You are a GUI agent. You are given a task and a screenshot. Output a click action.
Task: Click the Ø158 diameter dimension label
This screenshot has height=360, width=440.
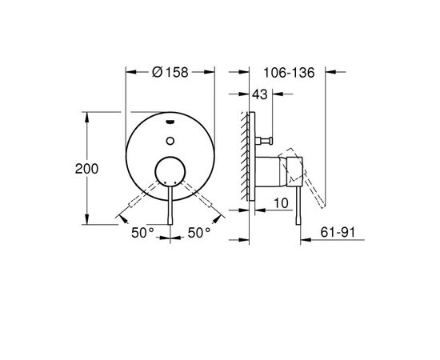(x=170, y=72)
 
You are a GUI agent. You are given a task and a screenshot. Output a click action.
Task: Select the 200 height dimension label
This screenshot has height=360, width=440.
(x=86, y=169)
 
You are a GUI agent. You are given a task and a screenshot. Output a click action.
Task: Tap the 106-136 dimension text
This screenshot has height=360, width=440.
(x=289, y=73)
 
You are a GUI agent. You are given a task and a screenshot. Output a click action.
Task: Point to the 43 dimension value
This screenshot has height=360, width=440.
(x=260, y=94)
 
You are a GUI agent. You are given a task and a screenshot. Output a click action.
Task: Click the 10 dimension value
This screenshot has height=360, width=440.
(x=281, y=203)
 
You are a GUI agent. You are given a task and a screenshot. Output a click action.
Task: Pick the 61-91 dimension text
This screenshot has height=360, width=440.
(x=338, y=232)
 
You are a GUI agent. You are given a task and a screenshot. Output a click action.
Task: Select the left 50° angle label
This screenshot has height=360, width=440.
(x=143, y=233)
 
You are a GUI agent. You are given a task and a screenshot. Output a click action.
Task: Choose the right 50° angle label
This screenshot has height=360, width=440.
(x=199, y=233)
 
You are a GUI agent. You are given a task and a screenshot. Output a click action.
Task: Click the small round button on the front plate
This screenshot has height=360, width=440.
(x=170, y=141)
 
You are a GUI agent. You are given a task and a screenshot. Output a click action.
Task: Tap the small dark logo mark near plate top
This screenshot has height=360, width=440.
(x=170, y=122)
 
